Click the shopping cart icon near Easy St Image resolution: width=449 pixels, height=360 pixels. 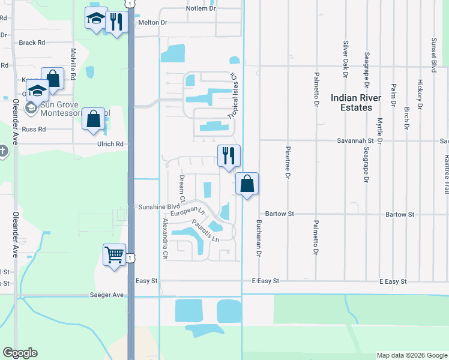[x=114, y=255]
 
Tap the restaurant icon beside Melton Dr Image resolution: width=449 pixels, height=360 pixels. [x=116, y=22]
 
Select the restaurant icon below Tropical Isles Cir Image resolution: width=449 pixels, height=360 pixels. [x=229, y=156]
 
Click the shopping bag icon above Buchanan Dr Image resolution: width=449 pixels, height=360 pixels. [x=247, y=184]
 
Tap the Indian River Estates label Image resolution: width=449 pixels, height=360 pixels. [x=359, y=103]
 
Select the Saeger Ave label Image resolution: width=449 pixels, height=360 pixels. [x=106, y=295]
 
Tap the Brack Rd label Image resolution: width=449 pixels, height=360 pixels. [x=32, y=43]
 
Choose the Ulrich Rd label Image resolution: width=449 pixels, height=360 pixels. [x=110, y=144]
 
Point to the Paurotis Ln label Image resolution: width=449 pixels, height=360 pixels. [x=206, y=231]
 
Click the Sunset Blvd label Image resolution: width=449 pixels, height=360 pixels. [x=433, y=52]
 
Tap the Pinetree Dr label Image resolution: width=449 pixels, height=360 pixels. [x=288, y=161]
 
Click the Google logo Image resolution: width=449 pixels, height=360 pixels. [x=20, y=353]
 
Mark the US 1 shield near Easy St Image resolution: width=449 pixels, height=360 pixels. [x=130, y=257]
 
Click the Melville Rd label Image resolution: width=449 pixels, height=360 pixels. [x=73, y=64]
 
